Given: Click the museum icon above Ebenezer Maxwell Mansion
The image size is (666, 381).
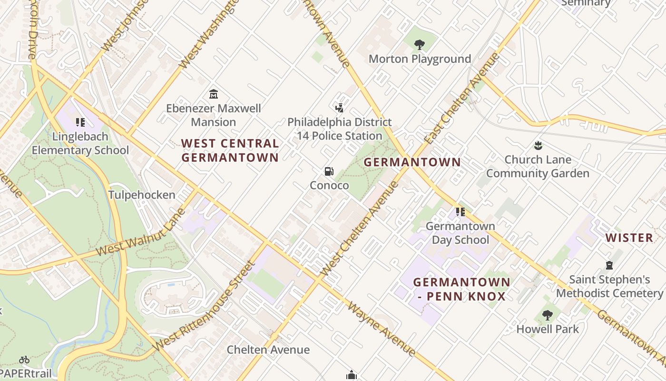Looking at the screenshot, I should [214, 94].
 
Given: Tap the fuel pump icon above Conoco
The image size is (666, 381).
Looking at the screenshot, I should [329, 171].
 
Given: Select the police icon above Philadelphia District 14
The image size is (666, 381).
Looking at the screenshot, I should [339, 108].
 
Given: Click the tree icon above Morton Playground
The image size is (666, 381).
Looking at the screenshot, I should [419, 45].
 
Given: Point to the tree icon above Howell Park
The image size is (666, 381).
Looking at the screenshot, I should [548, 315].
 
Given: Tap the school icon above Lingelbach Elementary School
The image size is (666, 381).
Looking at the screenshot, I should [80, 122].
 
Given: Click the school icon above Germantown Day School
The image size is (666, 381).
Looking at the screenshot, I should [460, 212].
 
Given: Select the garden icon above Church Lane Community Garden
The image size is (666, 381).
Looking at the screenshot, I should [538, 145].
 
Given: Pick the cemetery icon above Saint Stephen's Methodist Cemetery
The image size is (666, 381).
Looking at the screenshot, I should [609, 265].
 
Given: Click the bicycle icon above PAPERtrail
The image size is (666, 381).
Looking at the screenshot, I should [24, 360].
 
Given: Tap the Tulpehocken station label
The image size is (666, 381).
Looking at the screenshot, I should [142, 195].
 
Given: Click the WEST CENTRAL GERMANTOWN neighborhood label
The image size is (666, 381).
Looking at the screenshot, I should [230, 150].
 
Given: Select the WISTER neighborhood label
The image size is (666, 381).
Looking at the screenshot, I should [629, 238].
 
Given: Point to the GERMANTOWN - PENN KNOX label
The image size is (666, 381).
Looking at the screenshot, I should [461, 289].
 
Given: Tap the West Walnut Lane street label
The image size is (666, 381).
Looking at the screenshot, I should [140, 232].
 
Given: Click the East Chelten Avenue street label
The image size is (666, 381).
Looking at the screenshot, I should [462, 98].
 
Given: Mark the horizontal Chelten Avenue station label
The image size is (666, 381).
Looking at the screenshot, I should [268, 350].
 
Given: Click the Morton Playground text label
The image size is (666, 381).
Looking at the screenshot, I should [420, 59].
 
